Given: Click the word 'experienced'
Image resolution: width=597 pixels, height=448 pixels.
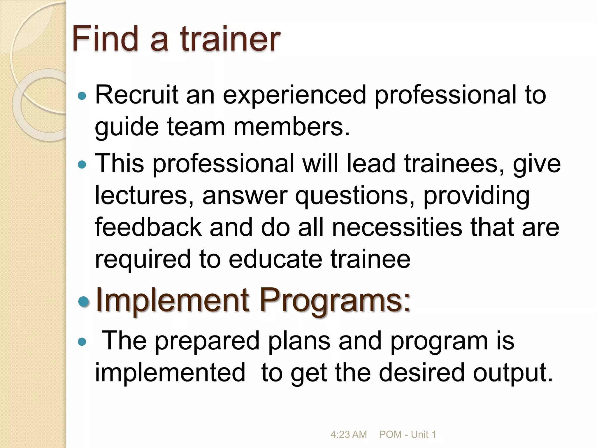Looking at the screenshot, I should click(294, 95).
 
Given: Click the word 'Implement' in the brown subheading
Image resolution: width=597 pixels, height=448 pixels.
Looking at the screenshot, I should click(172, 300).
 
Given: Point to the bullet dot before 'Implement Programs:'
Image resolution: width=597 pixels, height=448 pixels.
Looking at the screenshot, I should click(84, 302).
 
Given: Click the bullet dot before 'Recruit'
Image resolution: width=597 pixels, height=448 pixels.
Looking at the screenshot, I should click(82, 96).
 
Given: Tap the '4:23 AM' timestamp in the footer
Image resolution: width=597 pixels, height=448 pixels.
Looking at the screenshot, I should click(348, 434).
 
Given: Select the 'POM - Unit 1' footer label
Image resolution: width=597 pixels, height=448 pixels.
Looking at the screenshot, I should click(407, 434).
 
